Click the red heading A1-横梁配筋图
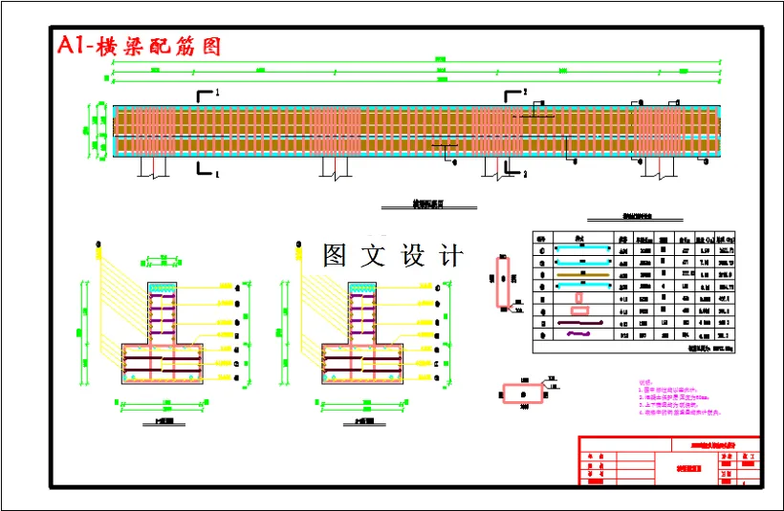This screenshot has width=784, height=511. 139,46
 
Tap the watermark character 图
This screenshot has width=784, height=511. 335,255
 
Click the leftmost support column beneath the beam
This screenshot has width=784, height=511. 154,167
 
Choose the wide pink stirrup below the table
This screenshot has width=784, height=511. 524,392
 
